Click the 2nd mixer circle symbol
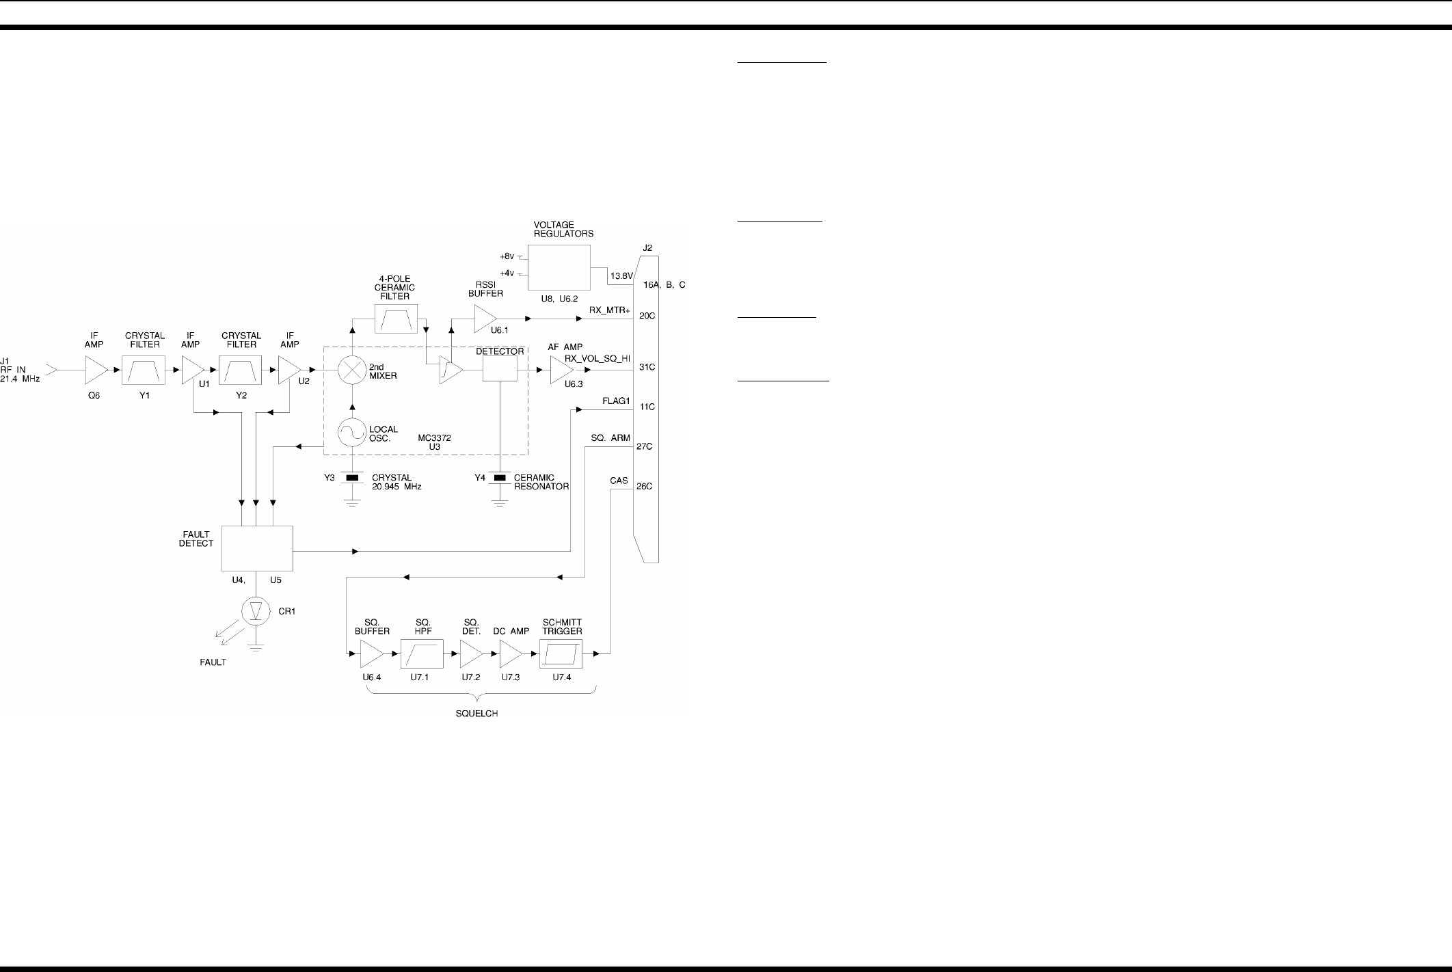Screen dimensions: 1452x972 (x=353, y=370)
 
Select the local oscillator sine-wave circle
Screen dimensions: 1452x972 (x=353, y=432)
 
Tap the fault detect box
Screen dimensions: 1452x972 (x=257, y=548)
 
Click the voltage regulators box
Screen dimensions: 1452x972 (x=559, y=267)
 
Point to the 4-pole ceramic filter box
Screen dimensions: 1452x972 (x=396, y=319)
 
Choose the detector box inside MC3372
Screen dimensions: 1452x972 (x=500, y=370)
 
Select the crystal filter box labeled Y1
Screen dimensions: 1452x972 (x=144, y=370)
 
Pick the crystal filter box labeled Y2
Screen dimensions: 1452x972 (x=241, y=370)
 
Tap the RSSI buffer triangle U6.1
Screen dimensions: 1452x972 (x=485, y=319)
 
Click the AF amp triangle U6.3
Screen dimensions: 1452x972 (x=561, y=370)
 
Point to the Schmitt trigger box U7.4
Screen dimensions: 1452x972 (x=561, y=654)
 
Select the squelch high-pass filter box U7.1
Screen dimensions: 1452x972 (x=422, y=654)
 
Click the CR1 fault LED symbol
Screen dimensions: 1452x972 (x=256, y=610)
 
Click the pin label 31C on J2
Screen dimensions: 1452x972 (x=647, y=367)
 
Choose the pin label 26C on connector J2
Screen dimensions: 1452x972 (x=644, y=487)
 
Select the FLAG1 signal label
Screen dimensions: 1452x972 (x=616, y=401)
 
